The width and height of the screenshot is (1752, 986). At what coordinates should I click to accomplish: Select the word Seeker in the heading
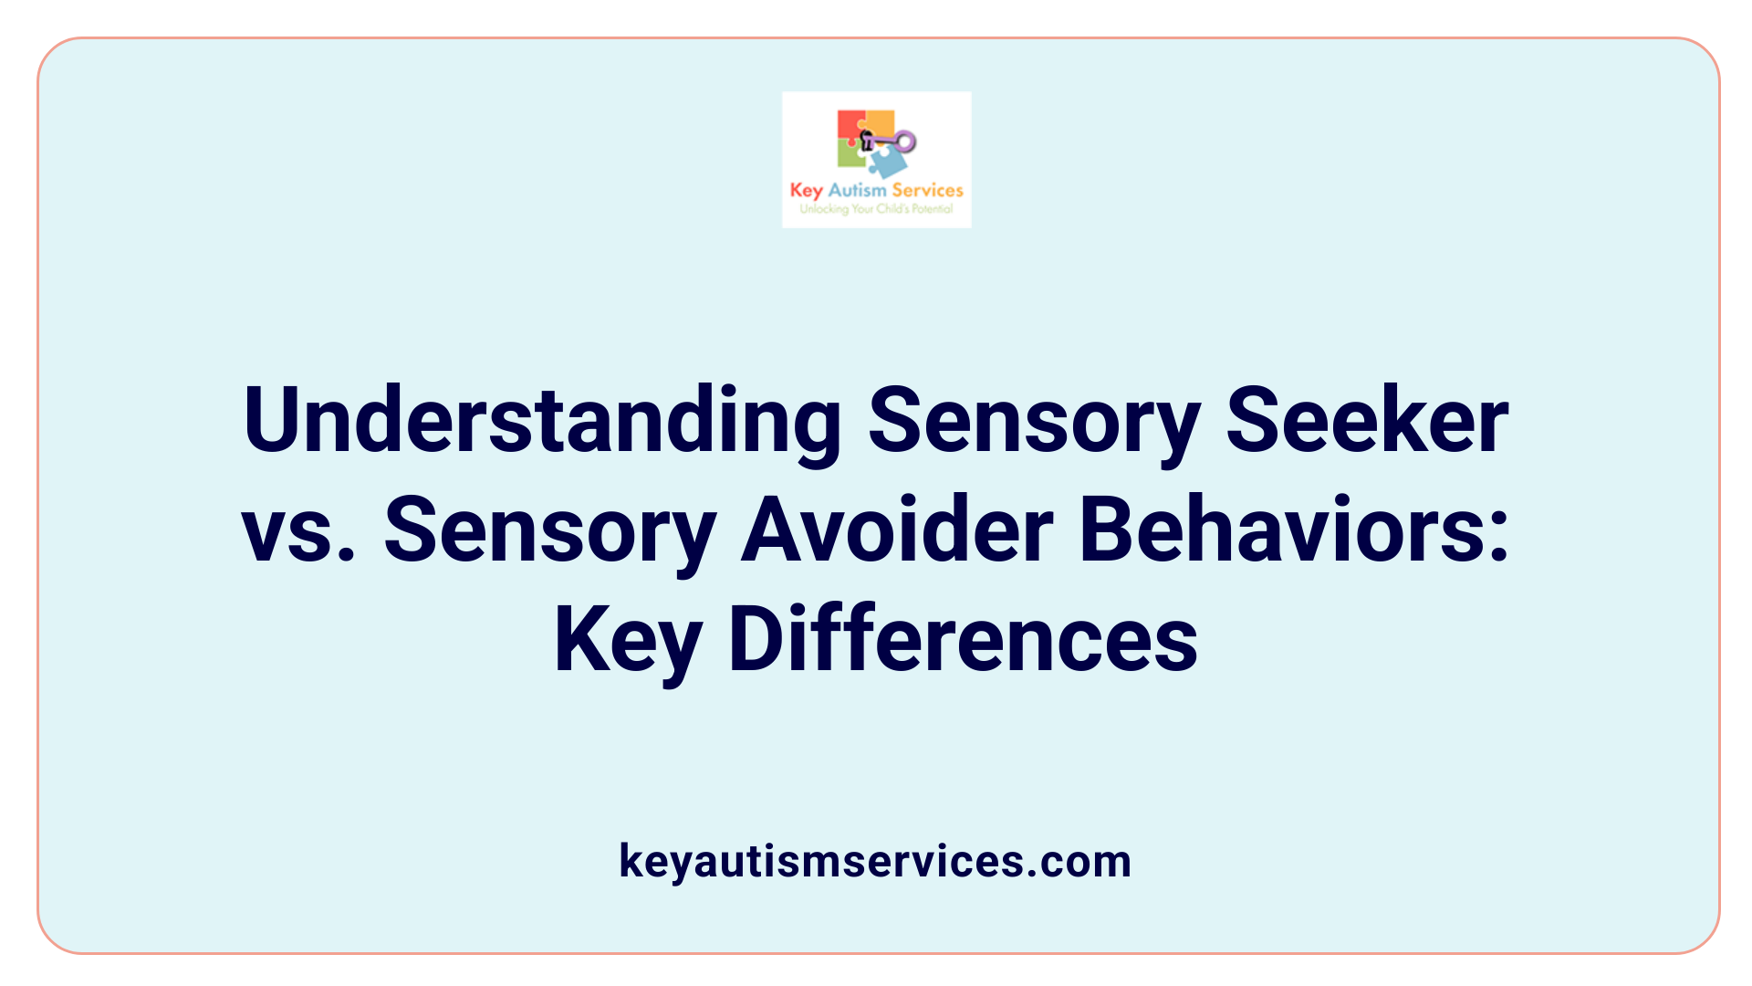1366,421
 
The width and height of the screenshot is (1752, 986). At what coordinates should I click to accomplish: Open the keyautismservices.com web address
875,861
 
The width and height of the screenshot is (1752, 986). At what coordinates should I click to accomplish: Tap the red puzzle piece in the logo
851,126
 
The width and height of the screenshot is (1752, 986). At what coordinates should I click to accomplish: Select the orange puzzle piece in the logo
879,122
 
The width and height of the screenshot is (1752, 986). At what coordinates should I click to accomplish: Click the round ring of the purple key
905,142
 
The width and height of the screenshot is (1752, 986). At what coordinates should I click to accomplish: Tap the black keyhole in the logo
867,140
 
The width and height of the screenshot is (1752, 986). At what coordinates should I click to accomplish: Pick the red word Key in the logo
806,191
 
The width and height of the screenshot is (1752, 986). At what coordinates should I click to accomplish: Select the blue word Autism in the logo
857,190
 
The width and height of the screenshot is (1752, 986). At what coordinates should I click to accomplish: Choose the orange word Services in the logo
927,190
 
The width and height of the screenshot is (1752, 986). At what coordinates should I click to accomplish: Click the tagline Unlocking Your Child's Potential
876,209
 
